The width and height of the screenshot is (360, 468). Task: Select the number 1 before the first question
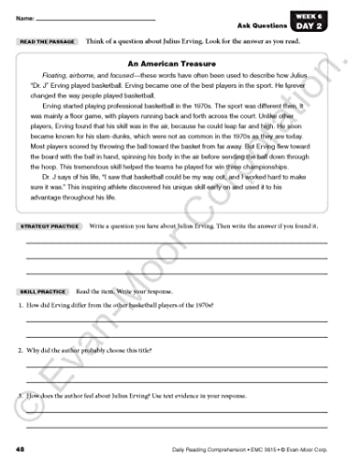(20, 305)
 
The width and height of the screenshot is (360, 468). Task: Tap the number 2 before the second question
(20, 351)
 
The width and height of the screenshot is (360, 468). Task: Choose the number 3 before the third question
(20, 395)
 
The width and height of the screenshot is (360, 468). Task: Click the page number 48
(22, 437)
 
